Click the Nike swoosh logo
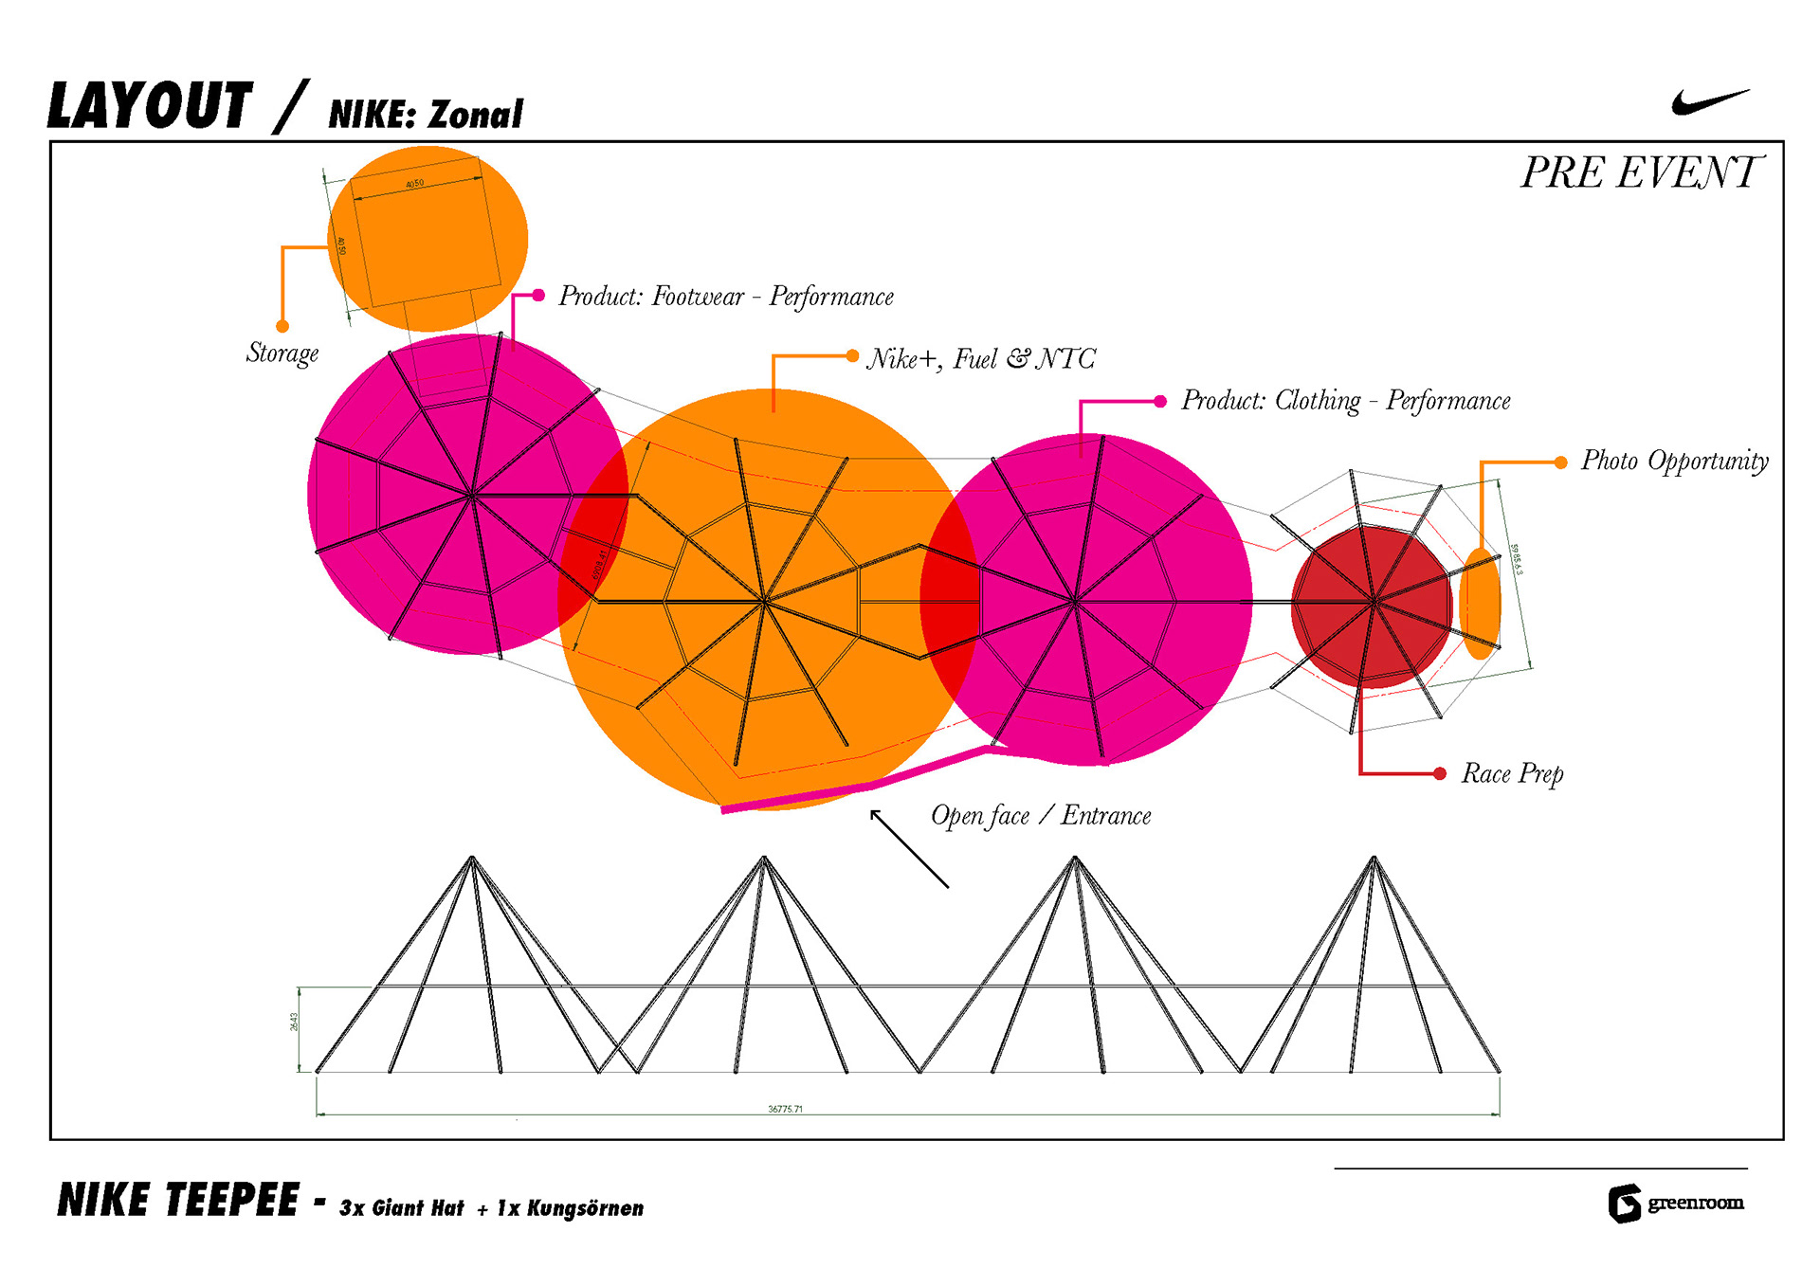tap(1709, 101)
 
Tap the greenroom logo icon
tap(1624, 1204)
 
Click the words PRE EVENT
tap(1639, 172)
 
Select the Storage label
tap(282, 353)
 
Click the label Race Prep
tap(1512, 774)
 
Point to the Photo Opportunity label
tap(1674, 462)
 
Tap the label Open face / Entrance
tap(1041, 816)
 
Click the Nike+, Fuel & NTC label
tap(980, 359)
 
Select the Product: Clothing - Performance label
tap(1345, 401)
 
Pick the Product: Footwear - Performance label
tap(725, 297)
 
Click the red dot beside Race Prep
tap(1440, 774)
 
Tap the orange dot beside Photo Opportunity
tap(1560, 462)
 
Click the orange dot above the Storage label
tap(282, 327)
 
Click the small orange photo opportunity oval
tap(1479, 604)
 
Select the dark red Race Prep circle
tap(1371, 607)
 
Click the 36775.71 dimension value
tap(785, 1109)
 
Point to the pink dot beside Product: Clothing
tap(1160, 402)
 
